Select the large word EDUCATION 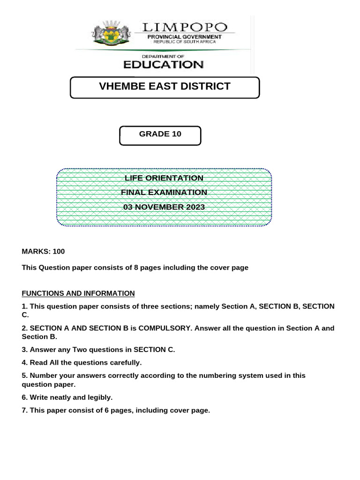[163, 65]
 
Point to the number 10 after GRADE [176, 134]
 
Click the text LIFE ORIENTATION [164, 178]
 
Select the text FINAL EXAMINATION [164, 192]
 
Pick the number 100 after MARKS [59, 251]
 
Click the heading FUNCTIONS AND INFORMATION [78, 293]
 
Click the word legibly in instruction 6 [99, 397]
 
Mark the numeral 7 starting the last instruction [24, 410]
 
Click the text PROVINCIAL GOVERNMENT [185, 37]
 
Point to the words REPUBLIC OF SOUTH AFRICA [185, 42]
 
